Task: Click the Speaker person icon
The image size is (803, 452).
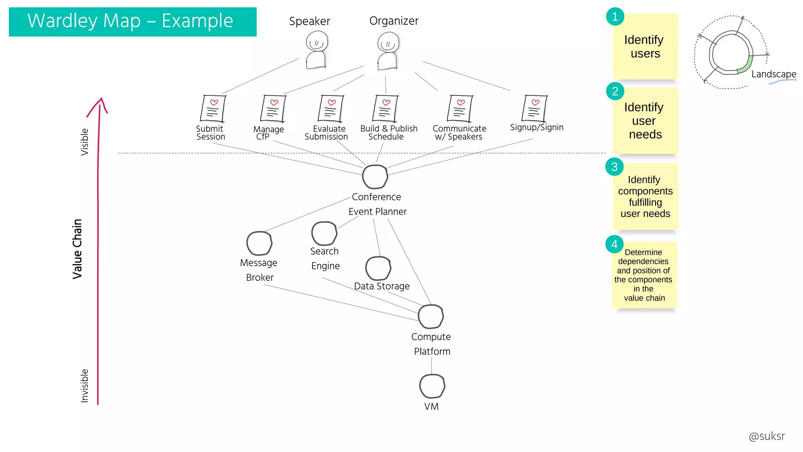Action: (x=316, y=50)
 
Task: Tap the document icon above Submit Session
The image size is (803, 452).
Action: (x=213, y=109)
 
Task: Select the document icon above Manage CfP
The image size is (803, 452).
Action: (x=273, y=109)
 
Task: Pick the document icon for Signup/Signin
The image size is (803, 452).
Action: (x=534, y=108)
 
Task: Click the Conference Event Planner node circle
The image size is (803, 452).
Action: (x=375, y=177)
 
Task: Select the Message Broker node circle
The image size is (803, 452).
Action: (x=259, y=243)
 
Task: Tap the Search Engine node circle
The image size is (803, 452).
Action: (x=324, y=233)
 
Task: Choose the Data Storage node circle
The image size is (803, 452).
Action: (x=378, y=268)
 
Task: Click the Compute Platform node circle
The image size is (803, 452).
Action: (x=431, y=317)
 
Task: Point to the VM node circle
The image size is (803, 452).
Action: (x=432, y=386)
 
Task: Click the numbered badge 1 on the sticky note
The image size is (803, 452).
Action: (x=615, y=16)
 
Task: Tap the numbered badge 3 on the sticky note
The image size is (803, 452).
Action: (x=614, y=167)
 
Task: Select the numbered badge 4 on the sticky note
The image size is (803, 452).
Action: (x=614, y=244)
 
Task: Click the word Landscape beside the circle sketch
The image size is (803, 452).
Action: (x=774, y=74)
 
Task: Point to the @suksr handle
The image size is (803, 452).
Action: (x=767, y=436)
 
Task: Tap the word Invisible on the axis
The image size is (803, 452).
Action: (x=85, y=386)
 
